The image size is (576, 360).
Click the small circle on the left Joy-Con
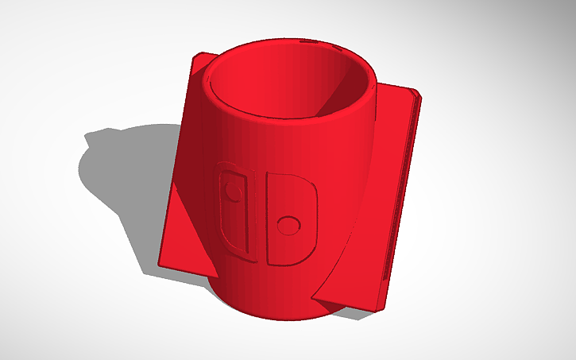tap(232, 192)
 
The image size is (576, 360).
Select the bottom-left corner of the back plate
tap(160, 265)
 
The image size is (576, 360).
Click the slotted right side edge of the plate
tap(400, 199)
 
